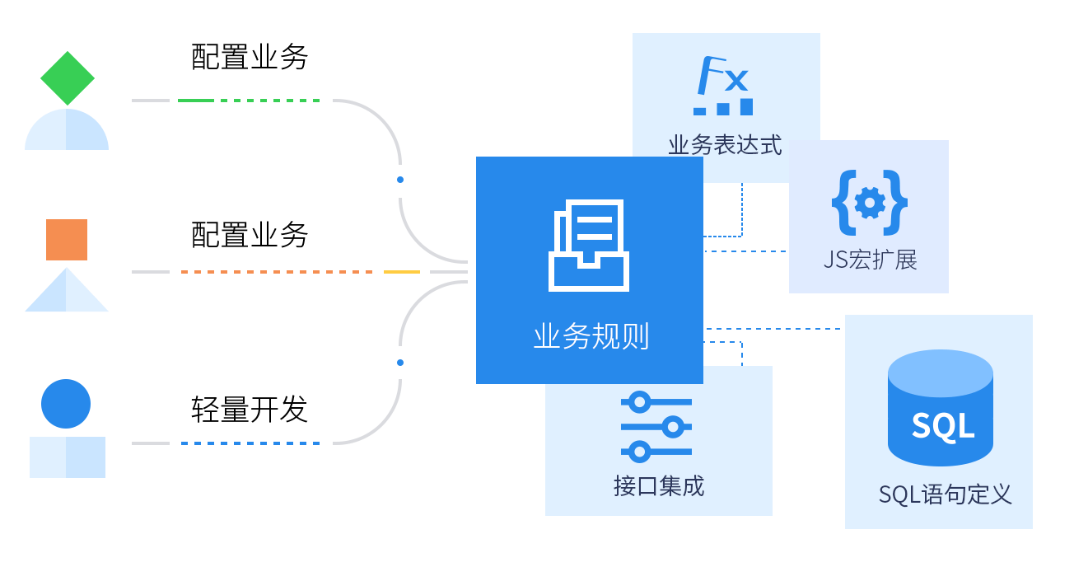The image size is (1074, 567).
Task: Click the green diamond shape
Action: click(x=68, y=78)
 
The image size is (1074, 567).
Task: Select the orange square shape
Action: click(x=67, y=240)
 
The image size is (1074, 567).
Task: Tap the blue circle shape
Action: click(x=66, y=404)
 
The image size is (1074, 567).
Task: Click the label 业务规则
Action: click(x=591, y=337)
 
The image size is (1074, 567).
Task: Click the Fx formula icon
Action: click(x=723, y=86)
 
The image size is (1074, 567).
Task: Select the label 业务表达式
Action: click(x=725, y=146)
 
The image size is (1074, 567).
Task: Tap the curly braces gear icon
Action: click(x=870, y=203)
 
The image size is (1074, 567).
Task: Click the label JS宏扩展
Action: click(x=870, y=260)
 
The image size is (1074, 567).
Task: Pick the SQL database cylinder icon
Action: click(x=941, y=407)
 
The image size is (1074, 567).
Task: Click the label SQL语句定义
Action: click(x=945, y=494)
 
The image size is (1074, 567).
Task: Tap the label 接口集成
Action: click(x=659, y=486)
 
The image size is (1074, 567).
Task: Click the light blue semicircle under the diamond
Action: click(x=67, y=131)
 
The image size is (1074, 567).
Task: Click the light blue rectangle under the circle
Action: click(x=68, y=457)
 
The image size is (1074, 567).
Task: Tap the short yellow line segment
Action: click(x=402, y=272)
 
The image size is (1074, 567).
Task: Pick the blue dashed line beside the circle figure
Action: click(x=250, y=443)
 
